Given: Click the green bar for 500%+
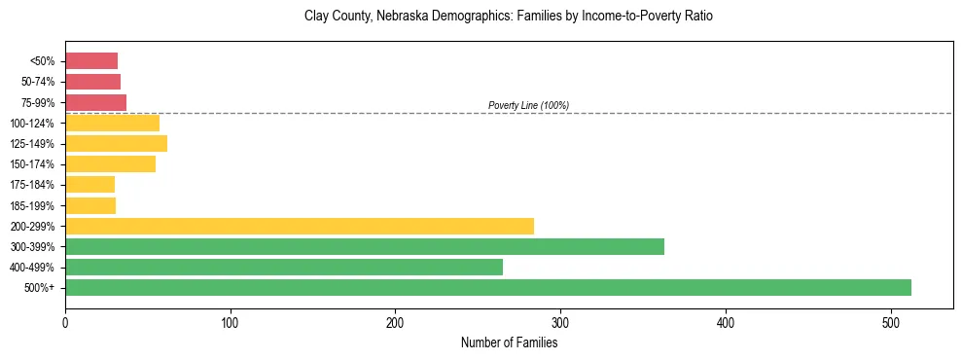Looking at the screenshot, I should point(487,287).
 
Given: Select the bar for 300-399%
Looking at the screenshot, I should point(364,246).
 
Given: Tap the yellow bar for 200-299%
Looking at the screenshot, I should point(299,226).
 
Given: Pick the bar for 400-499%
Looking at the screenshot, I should point(283,267).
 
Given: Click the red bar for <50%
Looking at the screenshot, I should point(91,61).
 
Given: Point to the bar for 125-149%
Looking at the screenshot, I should point(116,144).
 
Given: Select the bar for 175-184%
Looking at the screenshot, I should point(89,185).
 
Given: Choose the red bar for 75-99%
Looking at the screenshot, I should point(95,102).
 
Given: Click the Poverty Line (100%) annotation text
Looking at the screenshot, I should point(528,105).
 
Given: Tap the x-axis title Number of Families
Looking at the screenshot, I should point(509,342).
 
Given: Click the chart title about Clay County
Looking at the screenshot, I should point(509,17).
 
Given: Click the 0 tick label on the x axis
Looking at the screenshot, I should point(65,321).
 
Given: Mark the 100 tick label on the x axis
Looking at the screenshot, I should point(231,321).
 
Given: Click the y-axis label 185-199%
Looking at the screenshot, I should point(33,205).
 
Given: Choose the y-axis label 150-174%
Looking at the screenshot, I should point(33,164).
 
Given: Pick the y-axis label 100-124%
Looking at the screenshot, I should point(33,124).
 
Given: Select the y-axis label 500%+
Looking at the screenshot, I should point(41,288).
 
